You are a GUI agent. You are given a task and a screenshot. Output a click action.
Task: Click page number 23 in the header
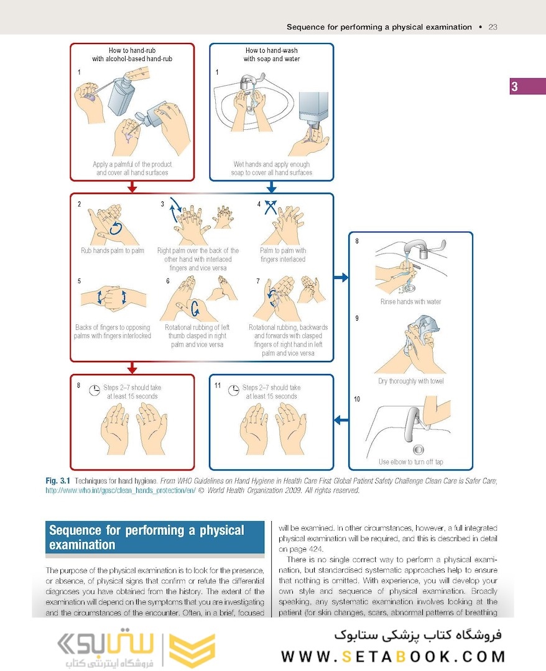[493, 27]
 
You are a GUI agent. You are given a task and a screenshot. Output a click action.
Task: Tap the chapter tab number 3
[514, 86]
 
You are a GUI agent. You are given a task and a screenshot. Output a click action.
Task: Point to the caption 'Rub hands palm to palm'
[113, 250]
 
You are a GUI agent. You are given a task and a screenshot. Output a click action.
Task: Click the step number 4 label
[259, 204]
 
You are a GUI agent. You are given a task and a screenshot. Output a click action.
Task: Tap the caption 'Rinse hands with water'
[410, 301]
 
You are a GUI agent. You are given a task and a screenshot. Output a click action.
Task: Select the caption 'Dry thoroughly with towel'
[410, 381]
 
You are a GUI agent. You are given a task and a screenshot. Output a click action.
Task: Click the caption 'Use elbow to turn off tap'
[410, 462]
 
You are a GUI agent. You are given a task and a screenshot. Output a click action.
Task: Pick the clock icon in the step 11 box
[234, 391]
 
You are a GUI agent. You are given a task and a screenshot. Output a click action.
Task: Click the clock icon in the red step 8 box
[95, 391]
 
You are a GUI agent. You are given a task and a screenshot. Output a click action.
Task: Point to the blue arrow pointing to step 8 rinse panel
[341, 277]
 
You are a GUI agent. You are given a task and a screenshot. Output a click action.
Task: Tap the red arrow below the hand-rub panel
[131, 186]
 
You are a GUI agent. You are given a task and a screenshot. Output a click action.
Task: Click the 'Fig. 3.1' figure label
[58, 481]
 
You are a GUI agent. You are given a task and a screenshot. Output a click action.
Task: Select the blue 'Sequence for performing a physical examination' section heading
[146, 537]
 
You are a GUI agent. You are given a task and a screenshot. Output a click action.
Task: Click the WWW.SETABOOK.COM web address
[393, 656]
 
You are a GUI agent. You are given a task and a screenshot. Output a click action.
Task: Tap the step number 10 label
[357, 399]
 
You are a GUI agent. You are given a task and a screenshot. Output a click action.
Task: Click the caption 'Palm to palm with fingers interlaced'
[283, 255]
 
